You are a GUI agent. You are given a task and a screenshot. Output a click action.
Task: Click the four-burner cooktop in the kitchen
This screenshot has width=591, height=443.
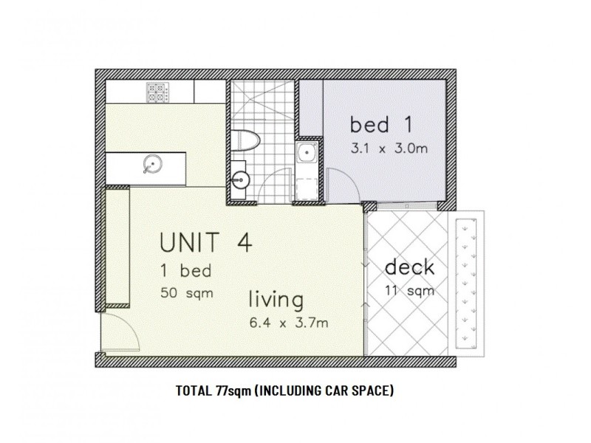tap(156, 92)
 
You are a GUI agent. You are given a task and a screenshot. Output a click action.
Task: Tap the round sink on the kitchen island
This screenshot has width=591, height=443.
tap(153, 164)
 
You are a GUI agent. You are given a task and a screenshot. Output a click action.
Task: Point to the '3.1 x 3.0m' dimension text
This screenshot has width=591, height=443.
tap(389, 148)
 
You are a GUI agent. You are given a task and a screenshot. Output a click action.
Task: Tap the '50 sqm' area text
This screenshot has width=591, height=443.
tap(187, 292)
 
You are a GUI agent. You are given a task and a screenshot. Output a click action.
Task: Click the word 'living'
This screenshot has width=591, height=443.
tap(276, 301)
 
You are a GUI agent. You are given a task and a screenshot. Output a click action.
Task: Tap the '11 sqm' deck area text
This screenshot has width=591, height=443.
tap(409, 290)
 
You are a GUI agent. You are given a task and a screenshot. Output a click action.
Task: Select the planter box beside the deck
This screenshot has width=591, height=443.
tap(467, 285)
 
